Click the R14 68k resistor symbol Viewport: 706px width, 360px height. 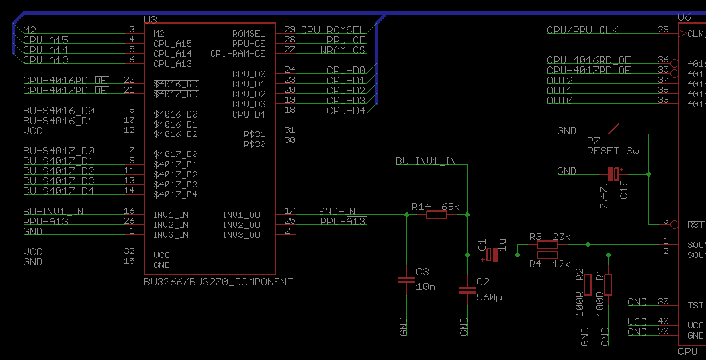(x=436, y=215)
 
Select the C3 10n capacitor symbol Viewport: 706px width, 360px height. (x=406, y=281)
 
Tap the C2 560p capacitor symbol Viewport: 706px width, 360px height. (x=467, y=290)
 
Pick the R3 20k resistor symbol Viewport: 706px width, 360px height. (x=547, y=245)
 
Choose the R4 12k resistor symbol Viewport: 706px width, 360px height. (x=547, y=255)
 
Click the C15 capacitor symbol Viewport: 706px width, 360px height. (x=613, y=174)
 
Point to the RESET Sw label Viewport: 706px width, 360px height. (x=613, y=151)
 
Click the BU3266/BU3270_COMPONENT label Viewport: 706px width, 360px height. (x=218, y=282)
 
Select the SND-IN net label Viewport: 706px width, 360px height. (x=337, y=212)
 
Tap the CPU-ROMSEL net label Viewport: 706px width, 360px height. (x=333, y=30)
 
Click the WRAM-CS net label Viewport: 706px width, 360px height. (x=343, y=50)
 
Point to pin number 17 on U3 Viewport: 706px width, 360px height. (x=290, y=211)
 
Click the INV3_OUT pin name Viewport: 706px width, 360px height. (x=244, y=235)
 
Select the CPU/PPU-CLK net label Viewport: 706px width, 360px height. (x=582, y=30)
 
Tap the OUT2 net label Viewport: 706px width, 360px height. (x=560, y=81)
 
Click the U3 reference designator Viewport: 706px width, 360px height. (x=150, y=19)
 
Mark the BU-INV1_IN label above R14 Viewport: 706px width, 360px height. (x=425, y=161)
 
